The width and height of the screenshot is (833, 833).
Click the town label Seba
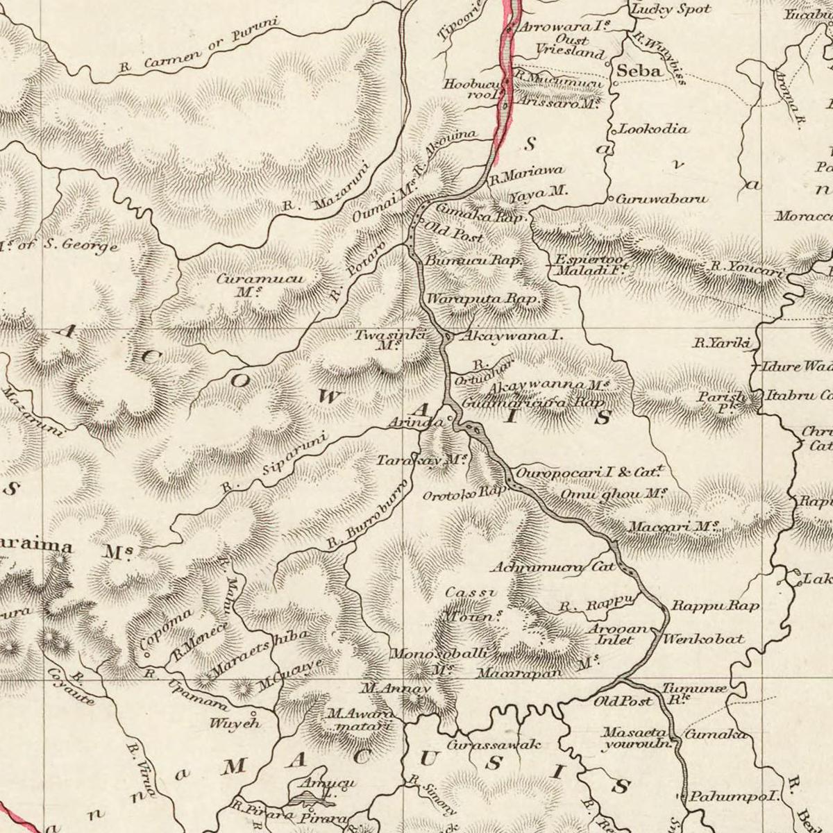[639, 71]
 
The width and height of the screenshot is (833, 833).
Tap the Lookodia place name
[653, 129]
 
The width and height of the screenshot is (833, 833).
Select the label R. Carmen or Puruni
[198, 46]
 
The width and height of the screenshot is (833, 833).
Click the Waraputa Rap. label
[483, 300]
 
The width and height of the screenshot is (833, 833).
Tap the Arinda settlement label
[415, 423]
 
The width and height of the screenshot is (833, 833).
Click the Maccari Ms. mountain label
[673, 526]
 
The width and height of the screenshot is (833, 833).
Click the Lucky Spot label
[671, 9]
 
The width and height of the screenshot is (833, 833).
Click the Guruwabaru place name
[662, 199]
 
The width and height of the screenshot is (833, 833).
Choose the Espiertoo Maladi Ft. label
[590, 267]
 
